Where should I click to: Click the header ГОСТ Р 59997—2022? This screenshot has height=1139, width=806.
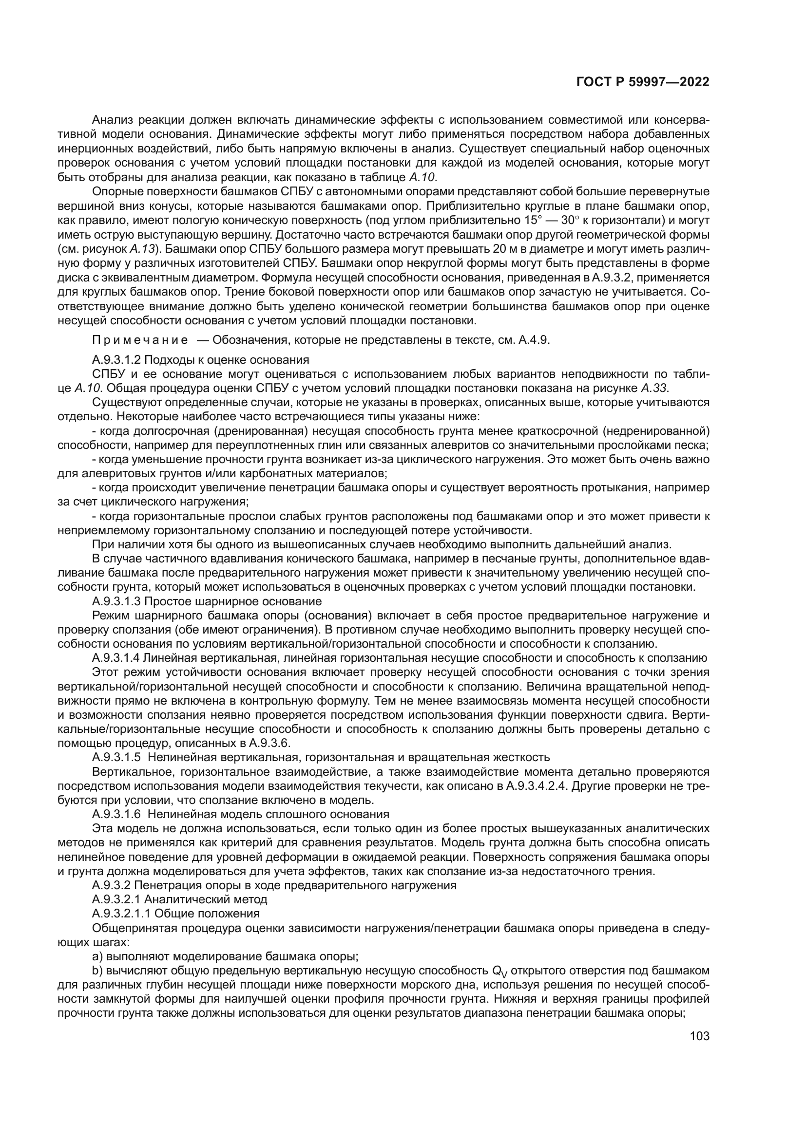coord(642,82)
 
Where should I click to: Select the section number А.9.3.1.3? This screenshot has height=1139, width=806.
coord(116,602)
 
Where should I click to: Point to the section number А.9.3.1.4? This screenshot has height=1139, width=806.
coord(116,658)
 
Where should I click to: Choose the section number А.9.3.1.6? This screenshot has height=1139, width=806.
coord(116,814)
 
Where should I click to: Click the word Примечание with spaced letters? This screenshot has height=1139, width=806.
coord(140,340)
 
